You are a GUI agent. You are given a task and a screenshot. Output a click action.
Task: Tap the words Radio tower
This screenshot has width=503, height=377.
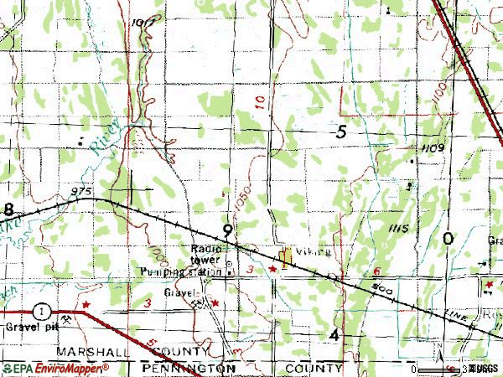click(x=205, y=254)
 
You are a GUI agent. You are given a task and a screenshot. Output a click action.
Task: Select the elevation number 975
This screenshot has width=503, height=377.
click(x=80, y=192)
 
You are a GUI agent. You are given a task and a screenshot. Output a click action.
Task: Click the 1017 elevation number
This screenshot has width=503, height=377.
click(x=143, y=22)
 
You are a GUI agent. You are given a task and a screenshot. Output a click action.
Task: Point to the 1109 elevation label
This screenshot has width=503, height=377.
click(x=433, y=147)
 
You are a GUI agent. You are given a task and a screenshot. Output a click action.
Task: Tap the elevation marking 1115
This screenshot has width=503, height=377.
click(x=397, y=228)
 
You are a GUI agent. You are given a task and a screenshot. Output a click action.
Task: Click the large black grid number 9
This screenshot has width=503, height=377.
click(x=227, y=230)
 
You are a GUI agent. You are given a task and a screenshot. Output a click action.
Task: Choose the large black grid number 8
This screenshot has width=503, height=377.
click(x=8, y=209)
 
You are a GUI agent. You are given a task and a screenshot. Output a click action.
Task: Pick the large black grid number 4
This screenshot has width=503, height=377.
click(x=334, y=335)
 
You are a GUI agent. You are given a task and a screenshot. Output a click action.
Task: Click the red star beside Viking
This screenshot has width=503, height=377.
click(x=272, y=269)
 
